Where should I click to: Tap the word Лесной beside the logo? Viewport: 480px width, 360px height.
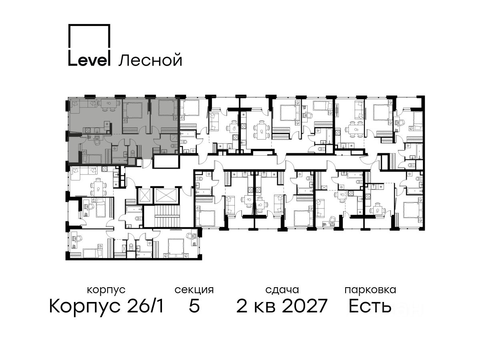[150, 60]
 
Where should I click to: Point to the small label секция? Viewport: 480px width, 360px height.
[194, 290]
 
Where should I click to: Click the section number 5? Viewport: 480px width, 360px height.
[194, 306]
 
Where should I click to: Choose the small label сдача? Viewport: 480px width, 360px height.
[282, 290]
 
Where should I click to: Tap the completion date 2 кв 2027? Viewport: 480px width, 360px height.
[282, 306]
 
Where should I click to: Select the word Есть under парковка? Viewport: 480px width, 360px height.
[370, 306]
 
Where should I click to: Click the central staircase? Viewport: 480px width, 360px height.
[167, 216]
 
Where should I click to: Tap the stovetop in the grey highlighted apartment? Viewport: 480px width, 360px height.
[88, 130]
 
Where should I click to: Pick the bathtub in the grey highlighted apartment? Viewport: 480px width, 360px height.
[120, 160]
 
